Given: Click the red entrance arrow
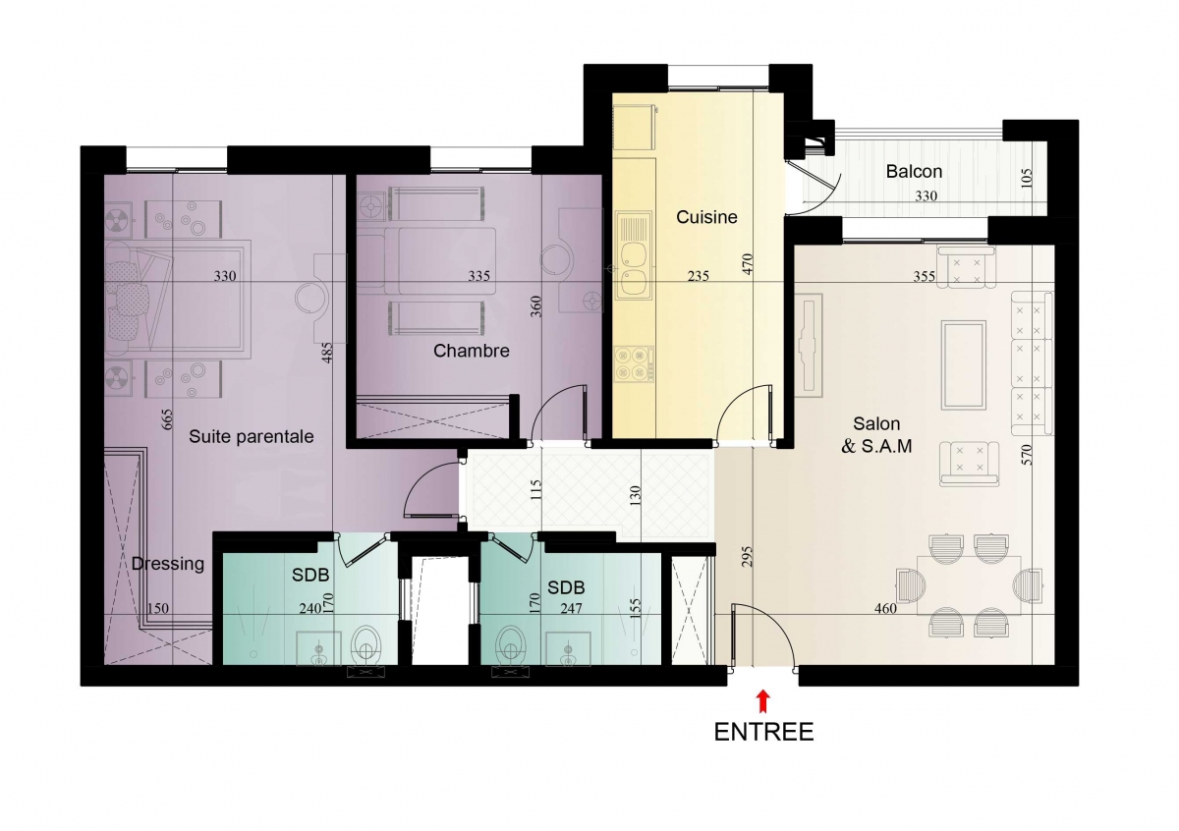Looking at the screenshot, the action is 762,701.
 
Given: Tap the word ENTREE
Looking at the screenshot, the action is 763,732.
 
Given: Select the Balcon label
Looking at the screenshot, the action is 914,171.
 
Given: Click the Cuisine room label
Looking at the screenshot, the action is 706,217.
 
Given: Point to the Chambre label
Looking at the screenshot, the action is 471,351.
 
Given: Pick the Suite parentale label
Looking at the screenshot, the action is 252,436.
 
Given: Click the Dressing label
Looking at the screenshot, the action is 168,564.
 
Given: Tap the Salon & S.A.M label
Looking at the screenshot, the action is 876,435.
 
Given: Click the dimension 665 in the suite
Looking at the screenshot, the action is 167,419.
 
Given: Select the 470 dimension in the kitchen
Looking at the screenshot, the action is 748,263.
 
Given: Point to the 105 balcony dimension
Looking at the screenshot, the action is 1027,178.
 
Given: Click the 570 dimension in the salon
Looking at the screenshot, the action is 1027,455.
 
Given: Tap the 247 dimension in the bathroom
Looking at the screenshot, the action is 571,608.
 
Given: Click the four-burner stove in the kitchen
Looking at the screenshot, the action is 634,363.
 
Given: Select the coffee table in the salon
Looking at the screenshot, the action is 963,364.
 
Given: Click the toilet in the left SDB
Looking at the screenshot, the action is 366,645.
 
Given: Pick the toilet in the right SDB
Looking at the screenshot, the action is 511,645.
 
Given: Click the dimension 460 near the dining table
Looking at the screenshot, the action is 885,608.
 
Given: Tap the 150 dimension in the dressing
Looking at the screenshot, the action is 158,608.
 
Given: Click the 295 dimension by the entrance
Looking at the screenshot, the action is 748,557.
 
